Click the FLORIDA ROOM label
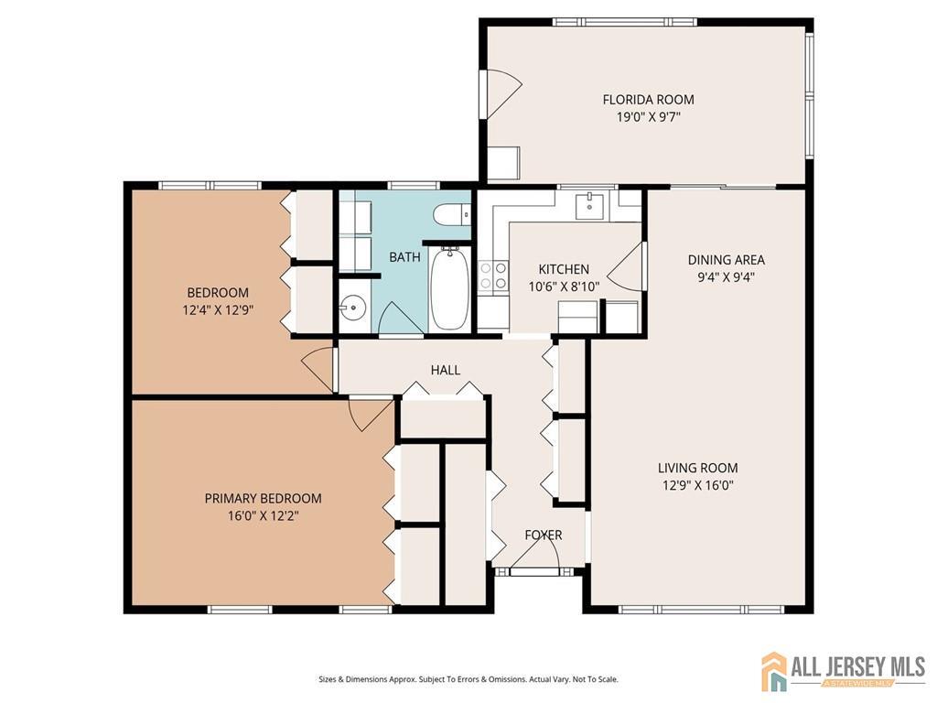648,100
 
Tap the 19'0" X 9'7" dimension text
648,117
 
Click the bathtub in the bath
448,289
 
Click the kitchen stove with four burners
493,276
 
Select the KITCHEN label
563,269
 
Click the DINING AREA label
726,260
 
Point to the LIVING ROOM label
697,468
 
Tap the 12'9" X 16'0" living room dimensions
697,485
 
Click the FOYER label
543,535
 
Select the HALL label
446,370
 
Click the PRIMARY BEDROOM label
263,498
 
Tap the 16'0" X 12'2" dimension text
263,515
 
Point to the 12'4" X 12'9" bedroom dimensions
217,310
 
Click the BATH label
404,257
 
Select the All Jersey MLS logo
843,671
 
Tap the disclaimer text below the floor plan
468,679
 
